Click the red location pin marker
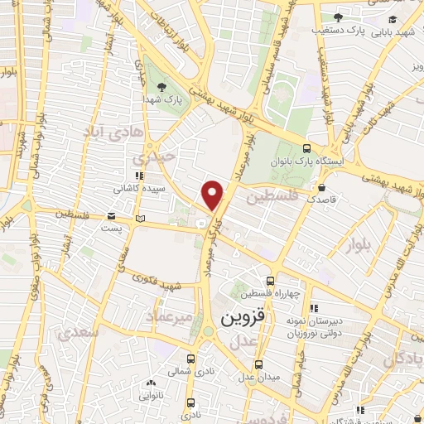[214, 195]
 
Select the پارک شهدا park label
[166, 99]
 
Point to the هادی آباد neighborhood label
[114, 131]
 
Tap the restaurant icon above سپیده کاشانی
[138, 176]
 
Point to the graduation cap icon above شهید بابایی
[393, 21]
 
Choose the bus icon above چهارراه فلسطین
[269, 282]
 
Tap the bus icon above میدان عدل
[258, 364]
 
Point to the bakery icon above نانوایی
[150, 383]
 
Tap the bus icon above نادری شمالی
[192, 359]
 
